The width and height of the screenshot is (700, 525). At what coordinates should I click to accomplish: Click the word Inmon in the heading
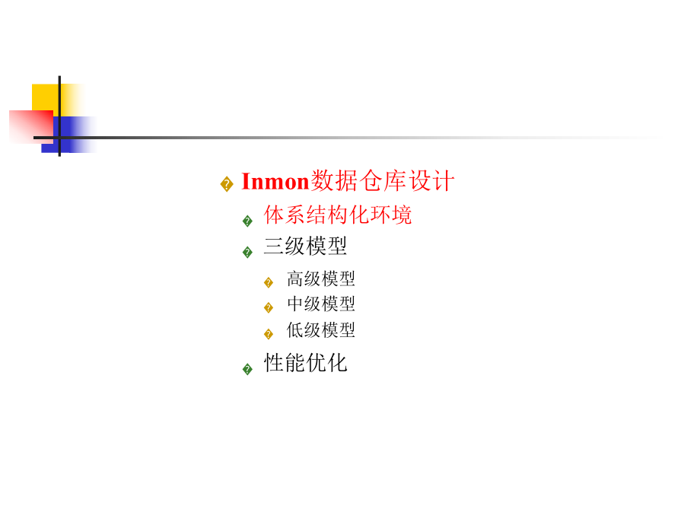pyautogui.click(x=275, y=182)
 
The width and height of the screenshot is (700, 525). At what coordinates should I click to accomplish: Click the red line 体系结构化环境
pyautogui.click(x=338, y=215)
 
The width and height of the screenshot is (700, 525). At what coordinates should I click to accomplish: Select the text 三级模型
pyautogui.click(x=305, y=247)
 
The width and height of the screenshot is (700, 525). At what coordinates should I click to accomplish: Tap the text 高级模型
pyautogui.click(x=320, y=279)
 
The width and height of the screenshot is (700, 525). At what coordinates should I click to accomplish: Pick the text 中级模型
pyautogui.click(x=320, y=304)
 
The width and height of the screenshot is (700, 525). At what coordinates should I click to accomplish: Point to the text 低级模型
pyautogui.click(x=320, y=330)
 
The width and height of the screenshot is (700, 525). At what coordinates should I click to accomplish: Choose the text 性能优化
pyautogui.click(x=305, y=363)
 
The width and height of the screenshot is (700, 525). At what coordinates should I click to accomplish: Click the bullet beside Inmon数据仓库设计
pyautogui.click(x=227, y=184)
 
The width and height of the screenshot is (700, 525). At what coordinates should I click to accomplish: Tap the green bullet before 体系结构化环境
pyautogui.click(x=247, y=221)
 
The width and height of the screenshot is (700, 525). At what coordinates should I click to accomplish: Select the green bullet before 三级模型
pyautogui.click(x=247, y=253)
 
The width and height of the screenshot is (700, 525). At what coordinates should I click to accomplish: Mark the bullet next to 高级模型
pyautogui.click(x=269, y=283)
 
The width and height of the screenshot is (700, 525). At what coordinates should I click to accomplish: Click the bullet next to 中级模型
pyautogui.click(x=269, y=308)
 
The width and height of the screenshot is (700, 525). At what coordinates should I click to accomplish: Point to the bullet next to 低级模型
pyautogui.click(x=269, y=334)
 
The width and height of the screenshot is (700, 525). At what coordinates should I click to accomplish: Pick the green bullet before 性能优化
pyautogui.click(x=247, y=369)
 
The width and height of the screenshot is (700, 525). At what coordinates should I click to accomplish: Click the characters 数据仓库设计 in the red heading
pyautogui.click(x=383, y=182)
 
